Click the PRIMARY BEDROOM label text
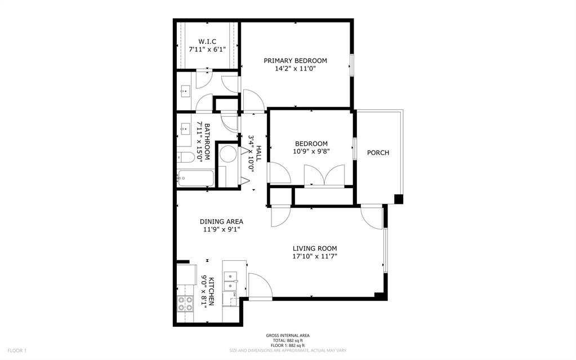point(296,61)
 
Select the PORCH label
point(378,153)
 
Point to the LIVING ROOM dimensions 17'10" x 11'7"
point(315,256)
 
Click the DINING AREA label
point(223,221)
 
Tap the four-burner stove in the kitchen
point(185,304)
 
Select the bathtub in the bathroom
point(194,179)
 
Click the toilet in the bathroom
point(186,157)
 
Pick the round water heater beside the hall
point(229,155)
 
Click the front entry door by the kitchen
point(260,286)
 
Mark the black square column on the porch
point(399,199)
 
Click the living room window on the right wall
point(385,248)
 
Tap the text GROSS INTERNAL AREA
point(288,336)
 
